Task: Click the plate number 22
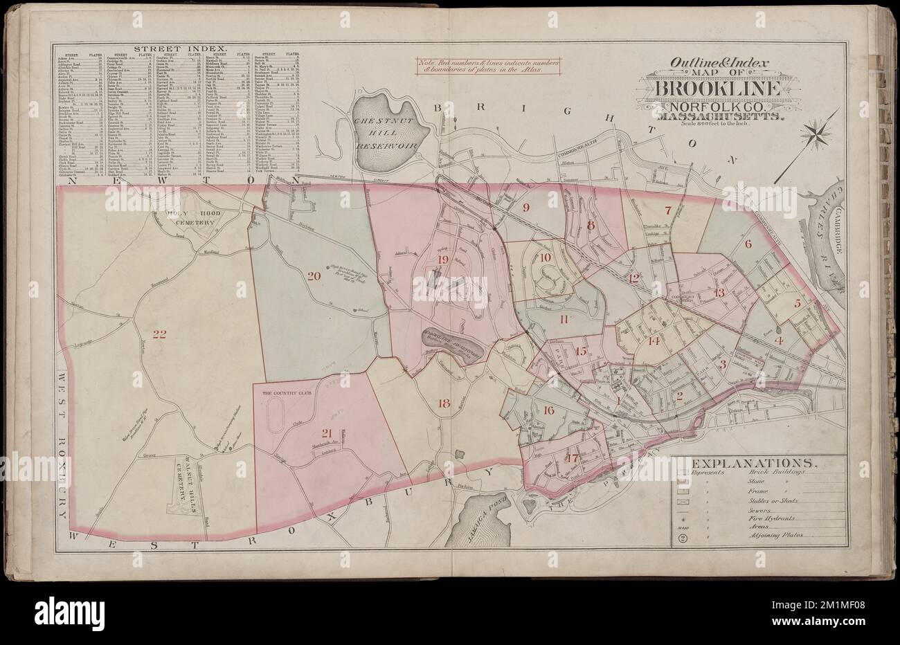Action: (160, 335)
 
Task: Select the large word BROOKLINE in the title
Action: (714, 89)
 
